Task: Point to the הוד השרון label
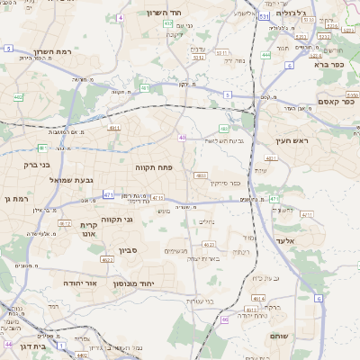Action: [163, 13]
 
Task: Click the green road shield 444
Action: [265, 56]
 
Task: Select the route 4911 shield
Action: [114, 129]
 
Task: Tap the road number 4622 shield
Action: [107, 260]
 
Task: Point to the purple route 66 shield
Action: [224, 319]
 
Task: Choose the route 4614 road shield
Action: [258, 298]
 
